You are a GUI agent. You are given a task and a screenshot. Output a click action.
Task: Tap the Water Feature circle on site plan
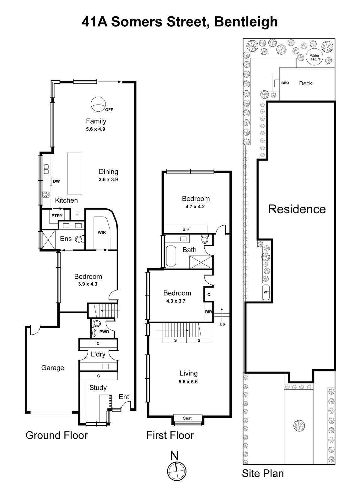tap(314, 57)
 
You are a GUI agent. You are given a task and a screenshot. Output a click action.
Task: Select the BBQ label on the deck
tap(285, 83)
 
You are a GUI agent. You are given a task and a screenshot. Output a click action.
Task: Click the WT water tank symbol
tap(266, 292)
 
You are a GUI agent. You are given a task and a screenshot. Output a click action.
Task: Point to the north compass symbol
tap(177, 471)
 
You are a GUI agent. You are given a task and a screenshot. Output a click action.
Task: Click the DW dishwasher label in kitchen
tap(56, 181)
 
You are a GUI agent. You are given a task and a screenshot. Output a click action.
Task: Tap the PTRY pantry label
tap(57, 216)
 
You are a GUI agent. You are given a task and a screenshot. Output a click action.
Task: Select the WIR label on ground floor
tap(102, 232)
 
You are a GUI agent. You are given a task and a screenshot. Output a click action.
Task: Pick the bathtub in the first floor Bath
tap(171, 256)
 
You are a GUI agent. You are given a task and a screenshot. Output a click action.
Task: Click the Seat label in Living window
tap(187, 418)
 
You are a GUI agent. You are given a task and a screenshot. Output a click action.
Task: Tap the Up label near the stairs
tap(222, 324)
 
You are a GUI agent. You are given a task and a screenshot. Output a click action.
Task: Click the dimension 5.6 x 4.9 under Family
tap(95, 129)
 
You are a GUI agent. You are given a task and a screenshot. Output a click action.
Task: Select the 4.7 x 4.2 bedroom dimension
tap(195, 207)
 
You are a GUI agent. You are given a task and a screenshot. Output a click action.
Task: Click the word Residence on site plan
tap(297, 209)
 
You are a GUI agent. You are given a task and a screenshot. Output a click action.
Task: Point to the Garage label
tap(53, 368)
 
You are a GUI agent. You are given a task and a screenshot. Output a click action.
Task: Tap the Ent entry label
tap(124, 397)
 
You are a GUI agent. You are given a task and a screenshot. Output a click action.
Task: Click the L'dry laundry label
tap(98, 354)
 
